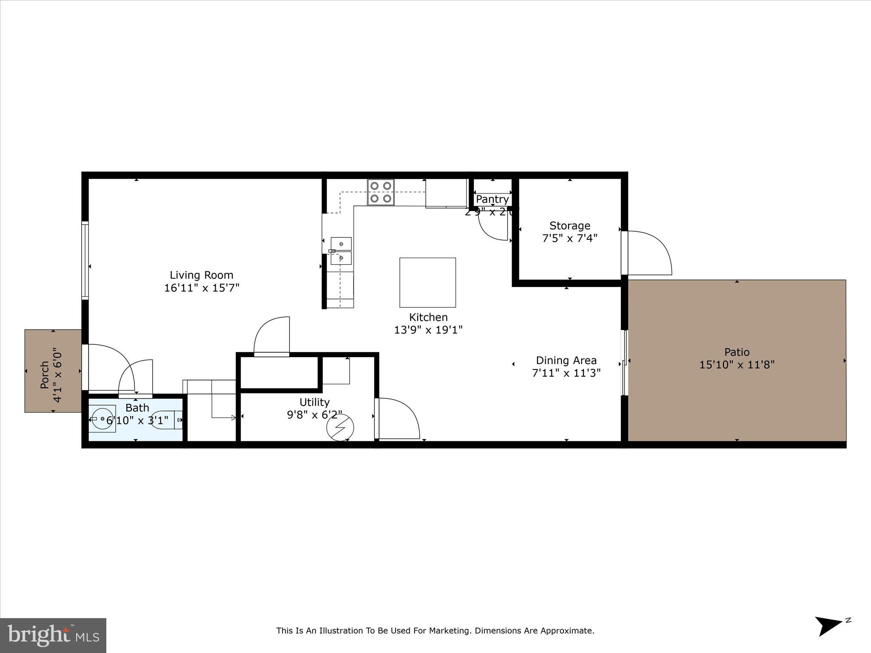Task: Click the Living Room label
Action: [x=202, y=275]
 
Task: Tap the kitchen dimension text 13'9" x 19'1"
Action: [x=428, y=330]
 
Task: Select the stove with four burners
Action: [x=381, y=192]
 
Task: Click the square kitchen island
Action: [x=427, y=282]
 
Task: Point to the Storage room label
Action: [x=569, y=226]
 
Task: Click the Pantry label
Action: [x=492, y=199]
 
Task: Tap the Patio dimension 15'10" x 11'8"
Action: [x=737, y=365]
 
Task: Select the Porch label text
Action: [x=45, y=375]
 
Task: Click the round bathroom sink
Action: [x=102, y=419]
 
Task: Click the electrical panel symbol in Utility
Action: [x=340, y=427]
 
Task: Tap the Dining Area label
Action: [x=566, y=361]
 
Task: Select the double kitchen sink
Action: [x=341, y=251]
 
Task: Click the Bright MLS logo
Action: [x=53, y=635]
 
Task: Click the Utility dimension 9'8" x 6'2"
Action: [x=314, y=415]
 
